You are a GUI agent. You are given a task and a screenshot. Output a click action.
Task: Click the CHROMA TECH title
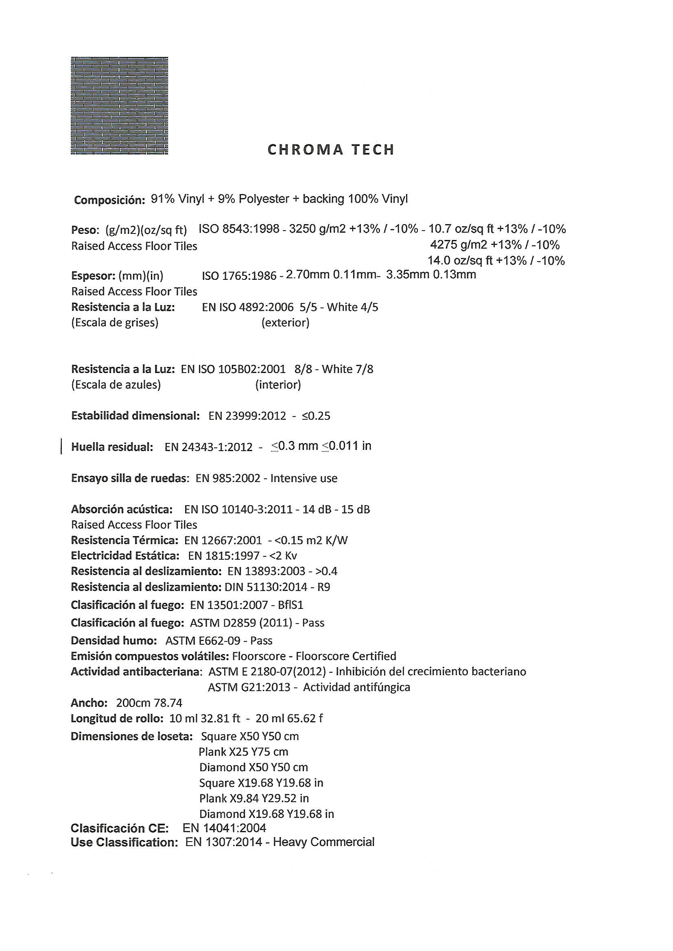(x=331, y=150)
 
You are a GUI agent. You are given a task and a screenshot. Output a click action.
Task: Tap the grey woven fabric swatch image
(x=119, y=106)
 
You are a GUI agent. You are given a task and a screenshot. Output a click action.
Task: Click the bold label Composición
(x=109, y=200)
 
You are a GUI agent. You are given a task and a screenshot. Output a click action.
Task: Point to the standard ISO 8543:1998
(x=239, y=229)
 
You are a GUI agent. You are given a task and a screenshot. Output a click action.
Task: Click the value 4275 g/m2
(x=459, y=245)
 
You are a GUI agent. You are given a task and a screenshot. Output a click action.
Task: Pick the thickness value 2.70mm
(x=308, y=275)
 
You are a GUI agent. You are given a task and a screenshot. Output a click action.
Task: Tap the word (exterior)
(x=286, y=323)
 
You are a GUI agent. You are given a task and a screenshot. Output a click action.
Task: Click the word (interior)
(x=278, y=385)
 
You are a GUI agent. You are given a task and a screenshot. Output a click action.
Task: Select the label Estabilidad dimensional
(x=135, y=416)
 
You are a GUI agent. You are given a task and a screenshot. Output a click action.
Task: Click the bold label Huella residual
(x=112, y=447)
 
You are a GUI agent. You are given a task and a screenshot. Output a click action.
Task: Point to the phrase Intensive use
(x=304, y=478)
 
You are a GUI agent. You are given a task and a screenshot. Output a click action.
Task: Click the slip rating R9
(x=323, y=587)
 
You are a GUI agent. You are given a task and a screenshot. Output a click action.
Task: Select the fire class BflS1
(x=291, y=606)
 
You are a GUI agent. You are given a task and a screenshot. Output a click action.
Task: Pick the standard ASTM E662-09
(x=203, y=641)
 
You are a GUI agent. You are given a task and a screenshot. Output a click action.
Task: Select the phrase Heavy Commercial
(x=323, y=842)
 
